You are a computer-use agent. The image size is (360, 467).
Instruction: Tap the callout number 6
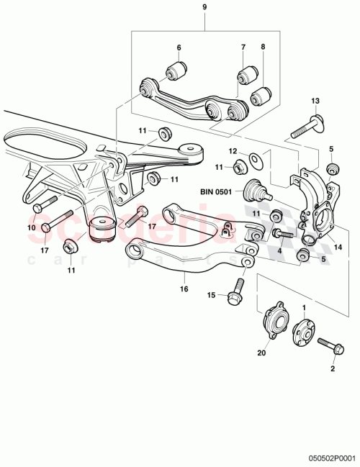(177, 48)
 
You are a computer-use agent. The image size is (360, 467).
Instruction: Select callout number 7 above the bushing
(243, 48)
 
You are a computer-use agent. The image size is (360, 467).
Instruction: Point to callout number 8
(263, 48)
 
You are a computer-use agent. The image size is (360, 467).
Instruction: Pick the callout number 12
(233, 150)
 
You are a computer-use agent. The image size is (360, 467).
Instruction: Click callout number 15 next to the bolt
(211, 296)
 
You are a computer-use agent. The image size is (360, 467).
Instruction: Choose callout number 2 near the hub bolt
(332, 369)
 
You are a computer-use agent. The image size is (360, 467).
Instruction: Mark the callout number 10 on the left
(31, 227)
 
